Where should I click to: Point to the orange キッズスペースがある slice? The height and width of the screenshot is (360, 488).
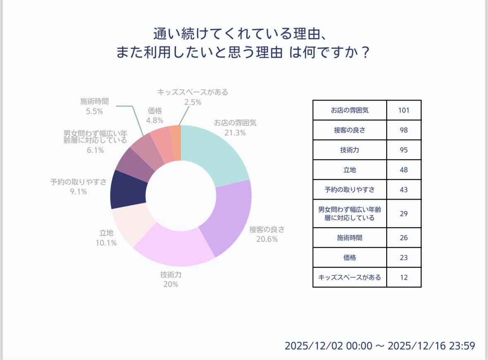pyautogui.click(x=176, y=143)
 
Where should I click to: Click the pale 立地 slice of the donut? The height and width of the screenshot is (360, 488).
pyautogui.click(x=128, y=226)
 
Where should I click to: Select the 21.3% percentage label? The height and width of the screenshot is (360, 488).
pyautogui.click(x=235, y=133)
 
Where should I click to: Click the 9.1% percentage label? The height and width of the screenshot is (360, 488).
pyautogui.click(x=78, y=192)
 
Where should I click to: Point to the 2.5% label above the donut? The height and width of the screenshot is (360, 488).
pyautogui.click(x=193, y=102)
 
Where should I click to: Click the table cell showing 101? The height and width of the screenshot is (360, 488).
pyautogui.click(x=404, y=110)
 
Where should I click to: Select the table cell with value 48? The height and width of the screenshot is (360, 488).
pyautogui.click(x=404, y=170)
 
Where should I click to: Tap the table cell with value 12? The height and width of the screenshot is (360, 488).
pyautogui.click(x=404, y=277)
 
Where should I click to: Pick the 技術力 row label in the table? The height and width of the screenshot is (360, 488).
pyautogui.click(x=349, y=150)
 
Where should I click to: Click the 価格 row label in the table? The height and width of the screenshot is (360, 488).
pyautogui.click(x=349, y=257)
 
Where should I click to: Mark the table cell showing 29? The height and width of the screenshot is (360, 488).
pyautogui.click(x=404, y=214)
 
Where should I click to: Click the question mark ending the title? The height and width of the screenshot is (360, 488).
pyautogui.click(x=364, y=53)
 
